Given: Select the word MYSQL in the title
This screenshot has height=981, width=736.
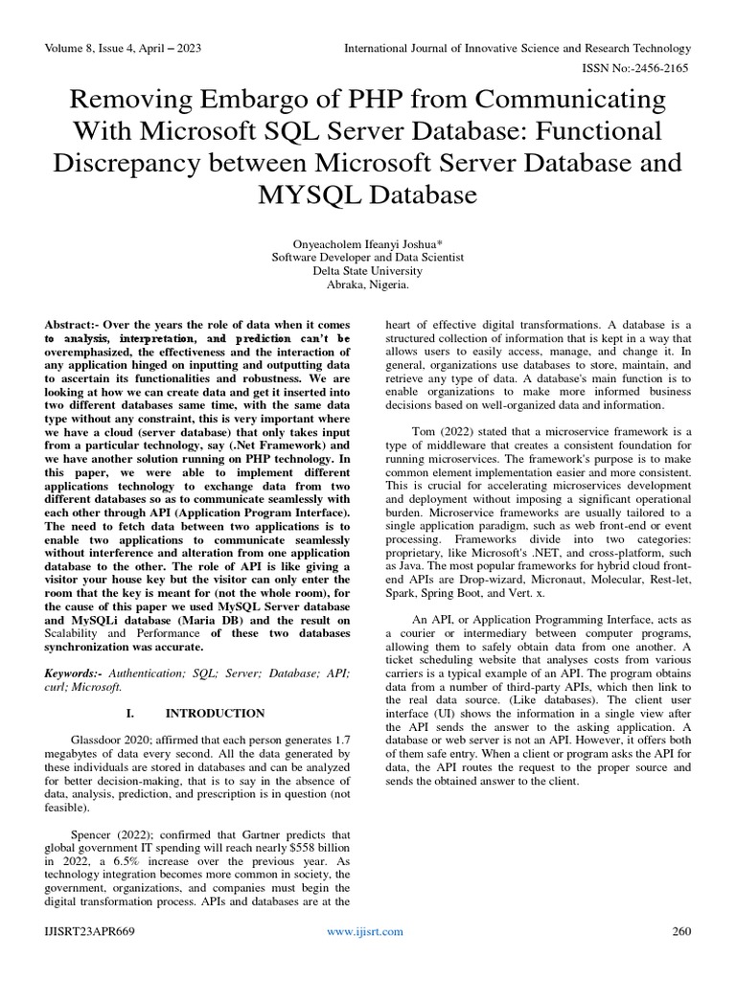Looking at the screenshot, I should (313, 196).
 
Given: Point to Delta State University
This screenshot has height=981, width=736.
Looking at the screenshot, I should (368, 271).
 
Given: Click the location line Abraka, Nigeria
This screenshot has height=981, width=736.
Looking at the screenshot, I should (368, 285).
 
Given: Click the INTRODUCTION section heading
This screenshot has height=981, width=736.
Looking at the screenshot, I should (215, 713).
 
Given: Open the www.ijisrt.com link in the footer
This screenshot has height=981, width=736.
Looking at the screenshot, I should (365, 931).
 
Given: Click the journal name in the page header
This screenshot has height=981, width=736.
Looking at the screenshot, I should (517, 48).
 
